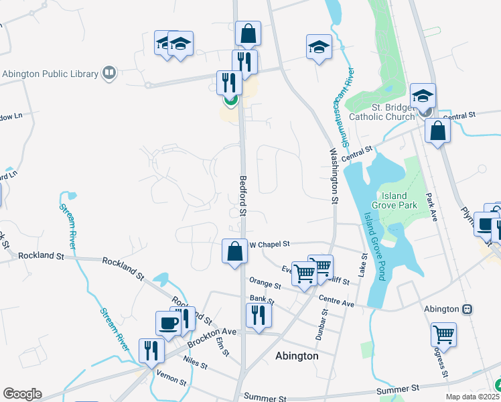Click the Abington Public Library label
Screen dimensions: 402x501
click(50, 74)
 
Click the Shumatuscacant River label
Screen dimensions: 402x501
click(340, 107)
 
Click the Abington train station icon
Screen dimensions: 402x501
click(468, 309)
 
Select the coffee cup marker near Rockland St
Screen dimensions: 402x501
click(168, 324)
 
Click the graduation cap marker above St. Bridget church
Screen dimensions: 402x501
click(423, 96)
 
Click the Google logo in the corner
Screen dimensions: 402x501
click(21, 394)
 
